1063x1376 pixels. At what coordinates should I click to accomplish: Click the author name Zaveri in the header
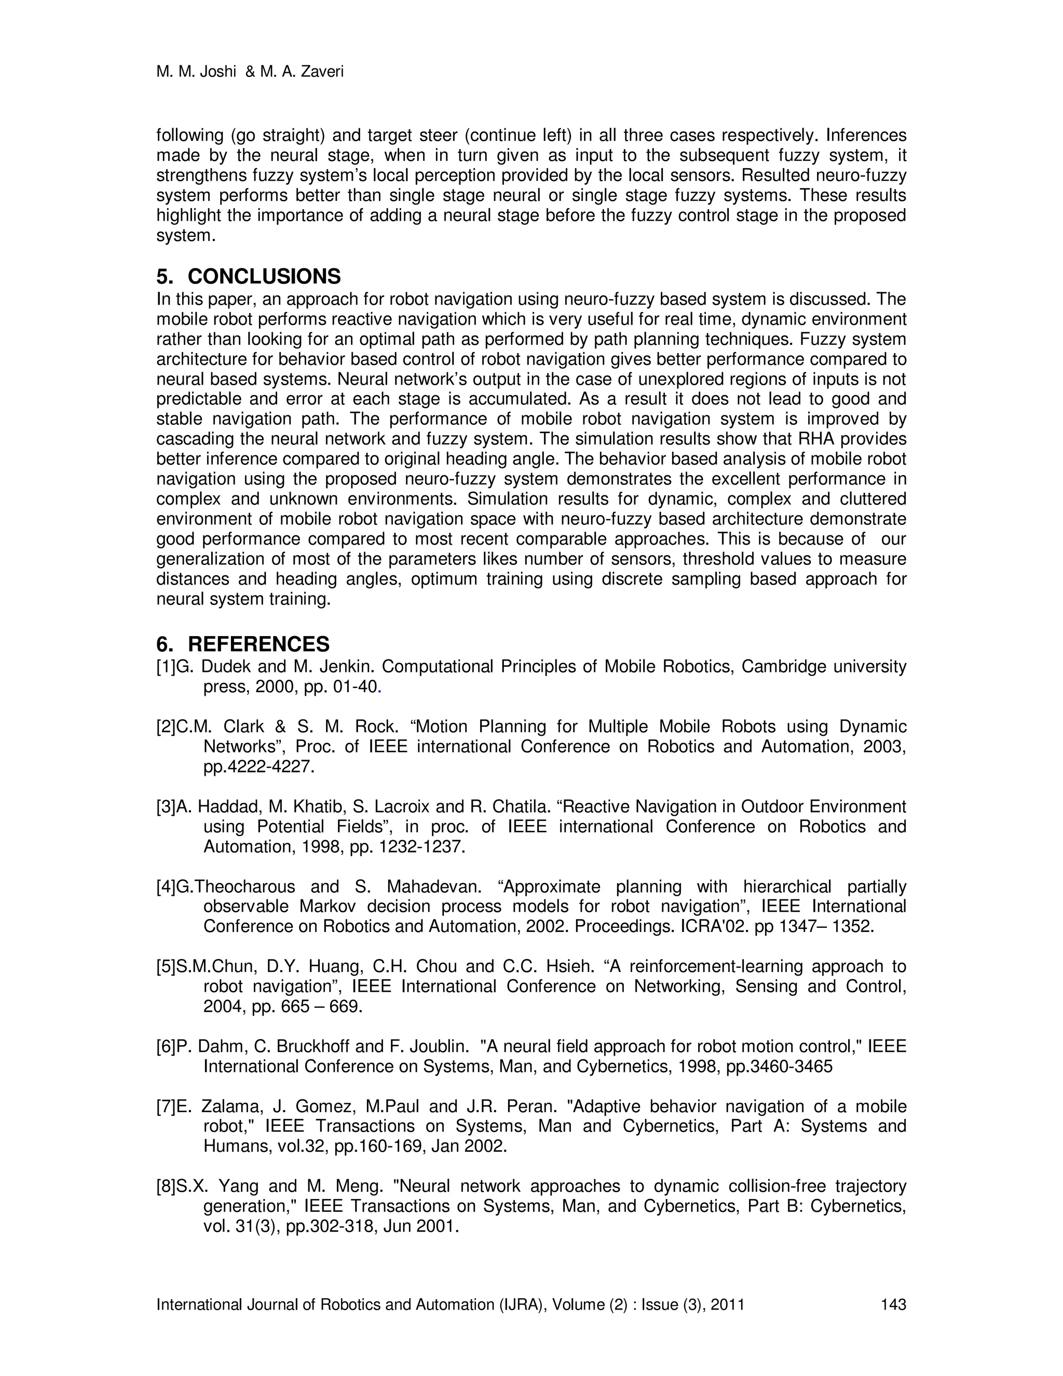(x=322, y=72)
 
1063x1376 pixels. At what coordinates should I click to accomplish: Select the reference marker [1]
(x=166, y=667)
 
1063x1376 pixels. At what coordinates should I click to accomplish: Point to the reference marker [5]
(x=166, y=966)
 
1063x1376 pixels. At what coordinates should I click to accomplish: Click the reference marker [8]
(x=166, y=1186)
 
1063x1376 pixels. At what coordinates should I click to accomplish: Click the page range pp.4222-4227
(x=258, y=767)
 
